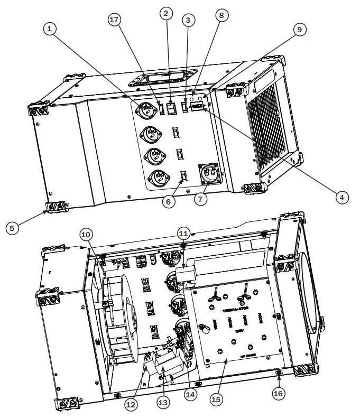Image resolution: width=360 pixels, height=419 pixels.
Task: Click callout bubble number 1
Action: [x=51, y=30]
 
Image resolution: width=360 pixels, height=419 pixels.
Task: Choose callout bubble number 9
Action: [x=300, y=30]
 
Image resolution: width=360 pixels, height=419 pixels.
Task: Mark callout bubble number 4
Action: [x=341, y=197]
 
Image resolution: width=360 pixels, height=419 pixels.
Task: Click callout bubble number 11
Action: [x=183, y=233]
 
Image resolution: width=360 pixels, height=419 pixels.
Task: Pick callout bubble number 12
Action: [x=131, y=403]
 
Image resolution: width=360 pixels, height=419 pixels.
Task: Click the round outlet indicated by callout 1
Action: [x=146, y=110]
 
